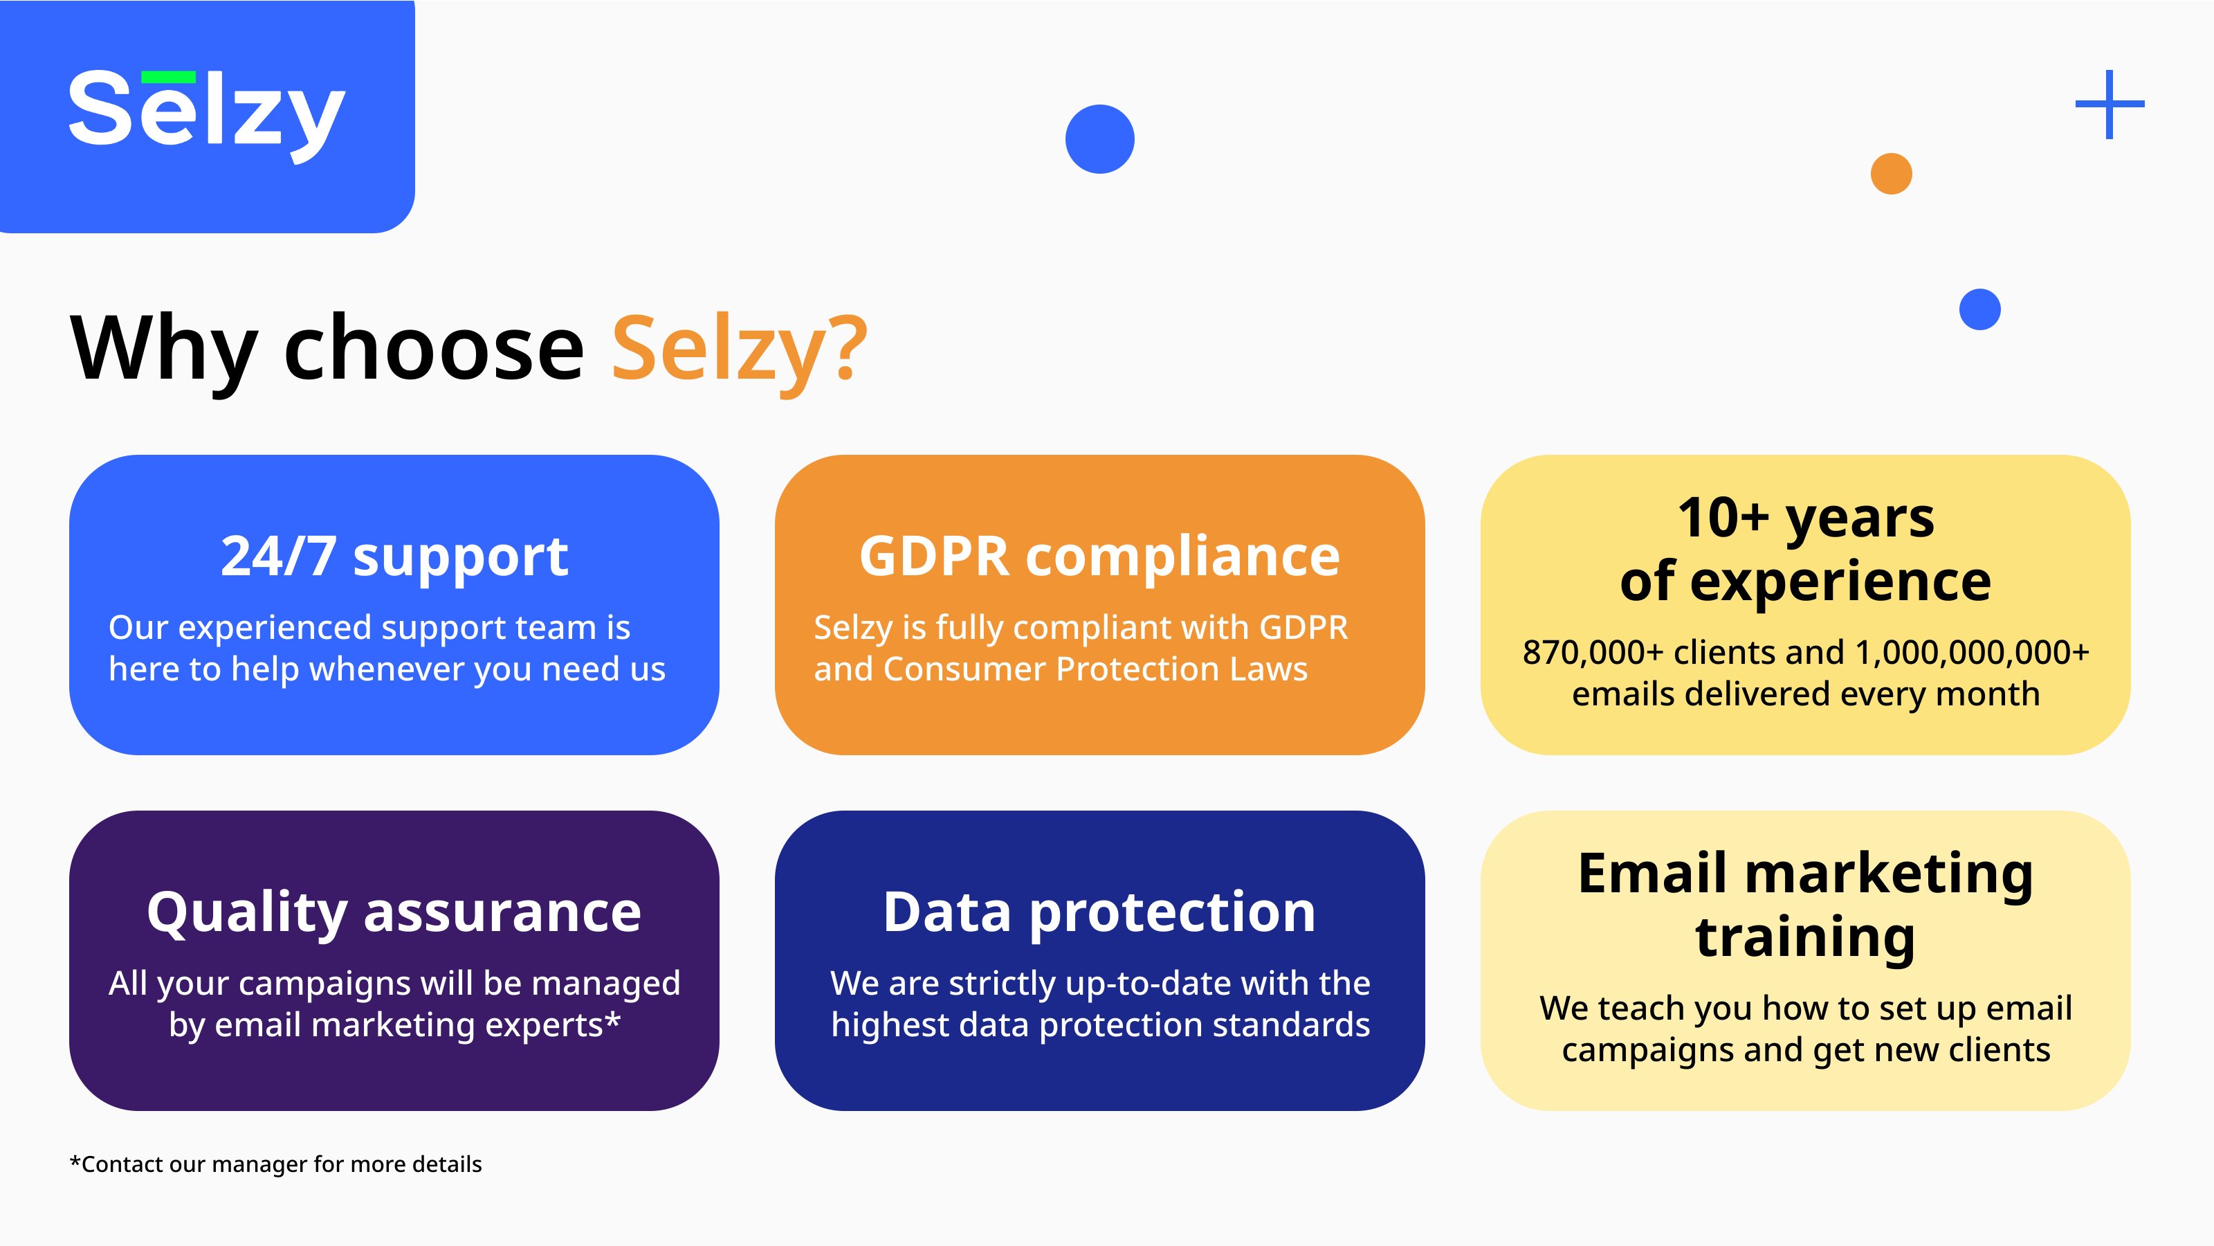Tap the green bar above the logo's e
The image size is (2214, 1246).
[x=168, y=78]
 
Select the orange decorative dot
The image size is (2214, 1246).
[x=1891, y=174]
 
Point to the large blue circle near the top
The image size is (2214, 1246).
[x=1099, y=139]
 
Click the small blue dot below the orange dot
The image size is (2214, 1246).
[x=1979, y=309]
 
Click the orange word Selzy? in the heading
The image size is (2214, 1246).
[x=739, y=349]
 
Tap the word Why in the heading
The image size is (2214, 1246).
[x=163, y=349]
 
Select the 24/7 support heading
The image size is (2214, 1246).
[x=394, y=557]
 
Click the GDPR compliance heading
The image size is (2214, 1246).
[x=1099, y=557]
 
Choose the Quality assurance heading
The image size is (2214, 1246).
[x=394, y=912]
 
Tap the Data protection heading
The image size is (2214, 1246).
[x=1099, y=912]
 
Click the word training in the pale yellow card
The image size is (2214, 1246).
[x=1805, y=937]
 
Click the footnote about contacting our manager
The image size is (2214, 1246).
[x=275, y=1164]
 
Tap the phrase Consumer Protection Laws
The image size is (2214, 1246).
[x=1095, y=669]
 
